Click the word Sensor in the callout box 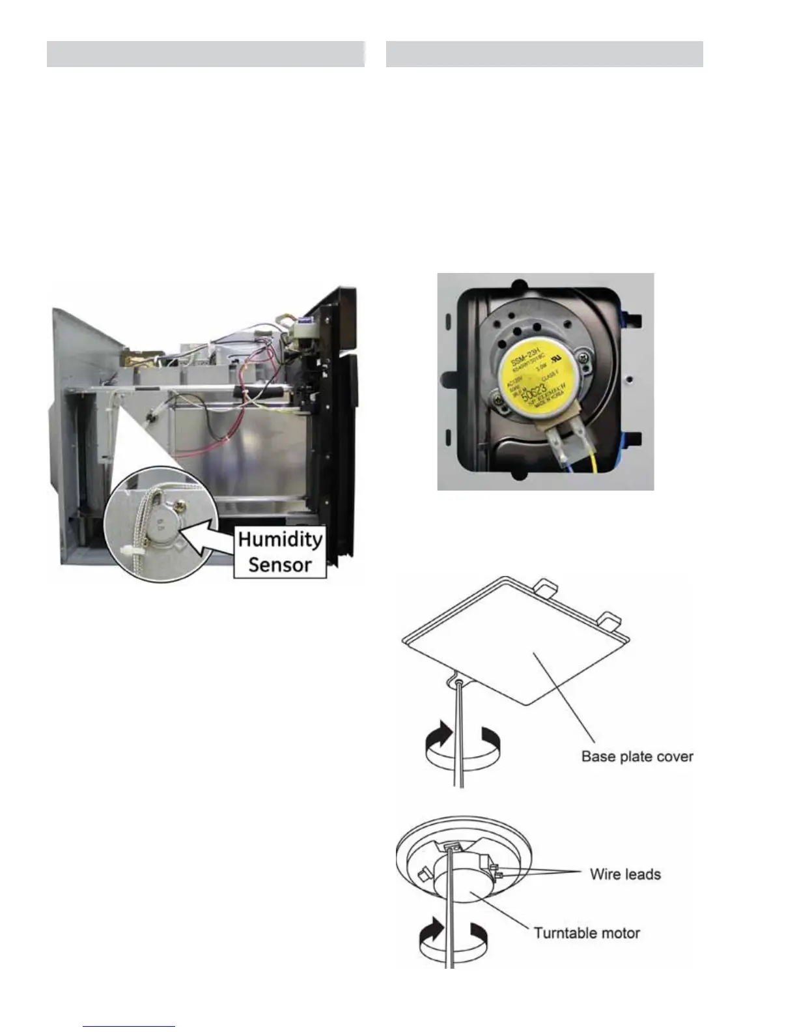point(280,564)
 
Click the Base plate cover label point(637,756)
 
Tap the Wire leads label point(625,874)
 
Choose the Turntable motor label point(587,933)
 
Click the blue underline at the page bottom point(129,1027)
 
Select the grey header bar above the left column point(205,54)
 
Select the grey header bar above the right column point(544,54)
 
